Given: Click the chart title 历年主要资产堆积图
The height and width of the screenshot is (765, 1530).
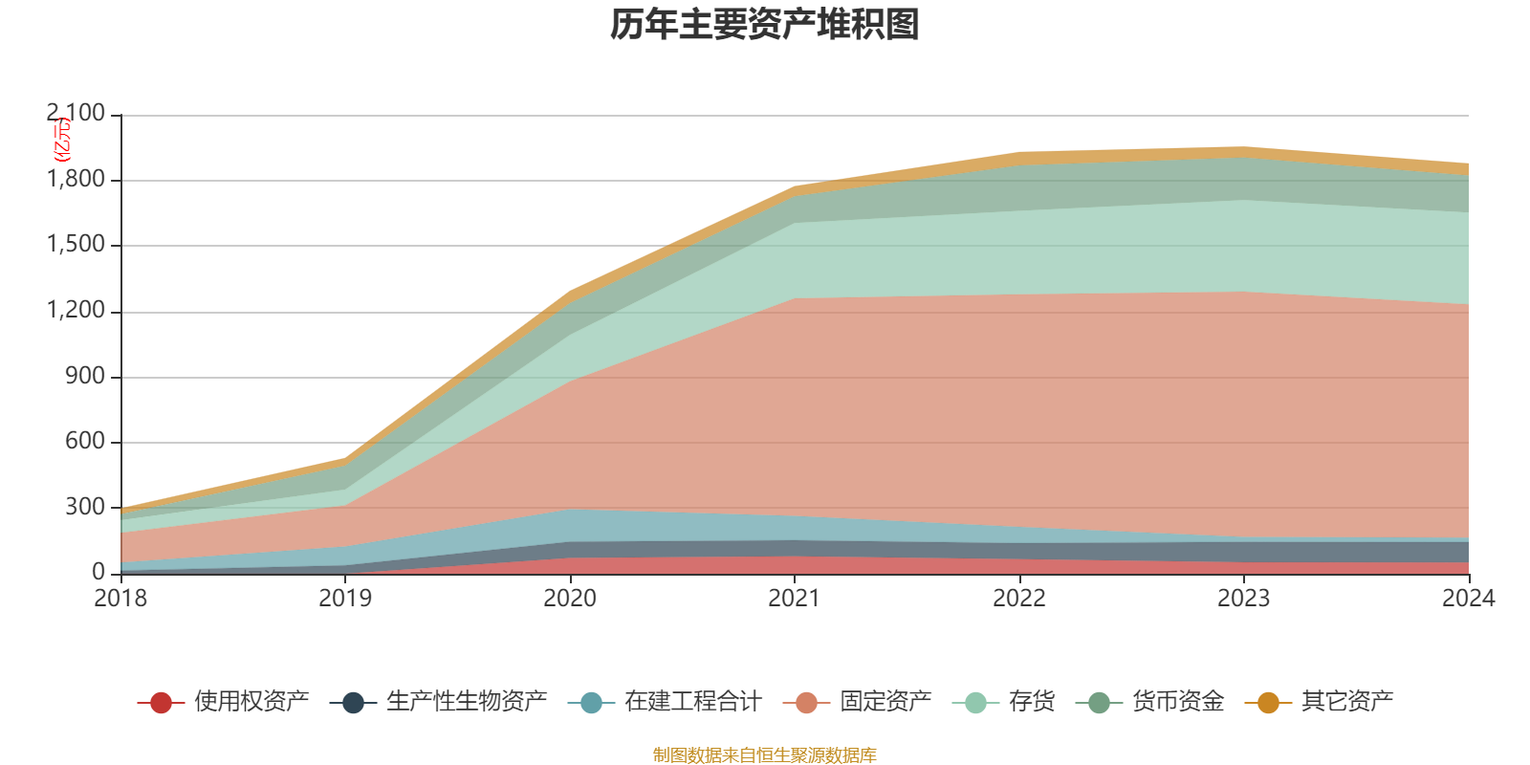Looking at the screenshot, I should (765, 26).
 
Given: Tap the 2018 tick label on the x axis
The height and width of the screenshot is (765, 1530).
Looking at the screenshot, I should (120, 599).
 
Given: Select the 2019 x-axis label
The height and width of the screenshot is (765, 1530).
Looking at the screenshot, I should (345, 599).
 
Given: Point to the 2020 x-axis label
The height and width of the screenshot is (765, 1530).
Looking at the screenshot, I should (570, 599).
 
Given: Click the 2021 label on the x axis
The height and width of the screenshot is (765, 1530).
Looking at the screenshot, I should (795, 599).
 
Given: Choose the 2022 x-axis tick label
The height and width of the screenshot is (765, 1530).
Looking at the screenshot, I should (1019, 599).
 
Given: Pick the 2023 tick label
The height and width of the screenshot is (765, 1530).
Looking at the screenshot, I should (1243, 599).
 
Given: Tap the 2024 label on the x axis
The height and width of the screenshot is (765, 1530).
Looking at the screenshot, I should (1468, 599).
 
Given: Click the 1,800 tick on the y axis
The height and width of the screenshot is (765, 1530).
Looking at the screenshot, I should (76, 180).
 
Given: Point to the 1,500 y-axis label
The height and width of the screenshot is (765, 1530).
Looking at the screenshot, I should (76, 245).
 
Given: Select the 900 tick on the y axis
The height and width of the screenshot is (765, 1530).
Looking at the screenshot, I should (85, 376).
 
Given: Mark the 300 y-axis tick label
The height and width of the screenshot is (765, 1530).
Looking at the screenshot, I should (85, 507).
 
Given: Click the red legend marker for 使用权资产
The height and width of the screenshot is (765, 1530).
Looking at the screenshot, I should (161, 703).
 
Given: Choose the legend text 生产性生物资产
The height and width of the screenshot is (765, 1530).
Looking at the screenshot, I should (467, 702).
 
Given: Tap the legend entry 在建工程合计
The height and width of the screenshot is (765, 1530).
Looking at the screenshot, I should (692, 702).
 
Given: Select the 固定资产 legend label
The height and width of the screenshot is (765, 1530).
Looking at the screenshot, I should (885, 702).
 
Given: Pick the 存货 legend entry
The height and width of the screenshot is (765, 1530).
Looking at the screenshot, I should (1031, 702).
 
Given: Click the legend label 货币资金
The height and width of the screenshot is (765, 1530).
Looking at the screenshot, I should (1177, 702).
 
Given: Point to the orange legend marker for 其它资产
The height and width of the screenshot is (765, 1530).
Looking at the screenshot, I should (1268, 703).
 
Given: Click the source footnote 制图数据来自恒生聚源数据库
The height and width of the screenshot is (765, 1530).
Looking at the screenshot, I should (765, 755).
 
